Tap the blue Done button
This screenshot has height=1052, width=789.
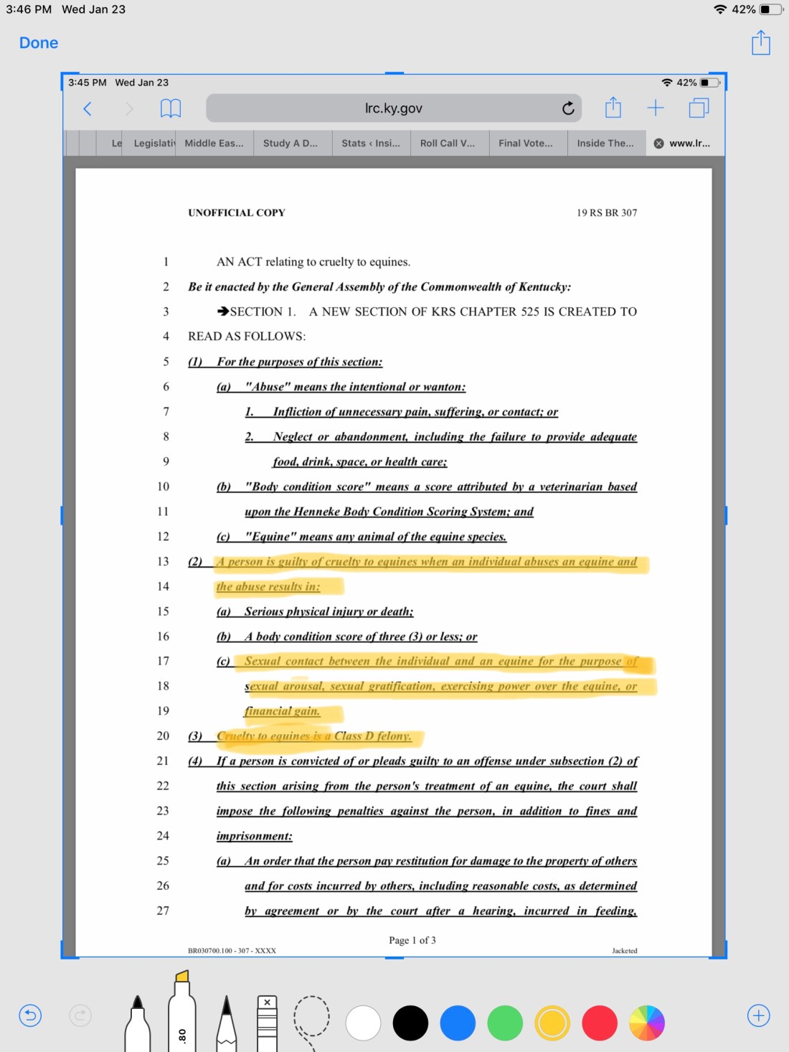coord(39,43)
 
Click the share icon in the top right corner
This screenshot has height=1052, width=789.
coord(760,43)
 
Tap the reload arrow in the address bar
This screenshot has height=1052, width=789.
coord(568,108)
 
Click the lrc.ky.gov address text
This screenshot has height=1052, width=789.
coord(393,108)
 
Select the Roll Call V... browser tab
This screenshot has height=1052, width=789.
coord(448,143)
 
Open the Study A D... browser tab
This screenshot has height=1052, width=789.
coord(290,143)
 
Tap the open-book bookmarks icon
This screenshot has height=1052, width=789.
coord(170,108)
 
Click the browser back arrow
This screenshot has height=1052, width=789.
coord(88,108)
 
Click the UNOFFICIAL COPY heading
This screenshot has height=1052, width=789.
coord(237,212)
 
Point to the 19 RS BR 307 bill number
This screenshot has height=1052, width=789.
coord(607,212)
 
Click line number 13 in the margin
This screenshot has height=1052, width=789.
coord(163,561)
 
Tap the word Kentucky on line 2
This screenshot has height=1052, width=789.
coord(543,287)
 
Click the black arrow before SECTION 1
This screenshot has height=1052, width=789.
coord(223,311)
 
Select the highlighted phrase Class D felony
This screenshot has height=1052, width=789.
coord(373,736)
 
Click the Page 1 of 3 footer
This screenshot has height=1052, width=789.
coord(412,940)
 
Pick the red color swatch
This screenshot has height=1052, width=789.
coord(600,1023)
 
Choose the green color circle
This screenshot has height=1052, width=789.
coord(505,1023)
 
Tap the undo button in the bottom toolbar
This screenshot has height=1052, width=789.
coord(30,1015)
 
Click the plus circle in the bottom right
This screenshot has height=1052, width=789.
coord(758,1015)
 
